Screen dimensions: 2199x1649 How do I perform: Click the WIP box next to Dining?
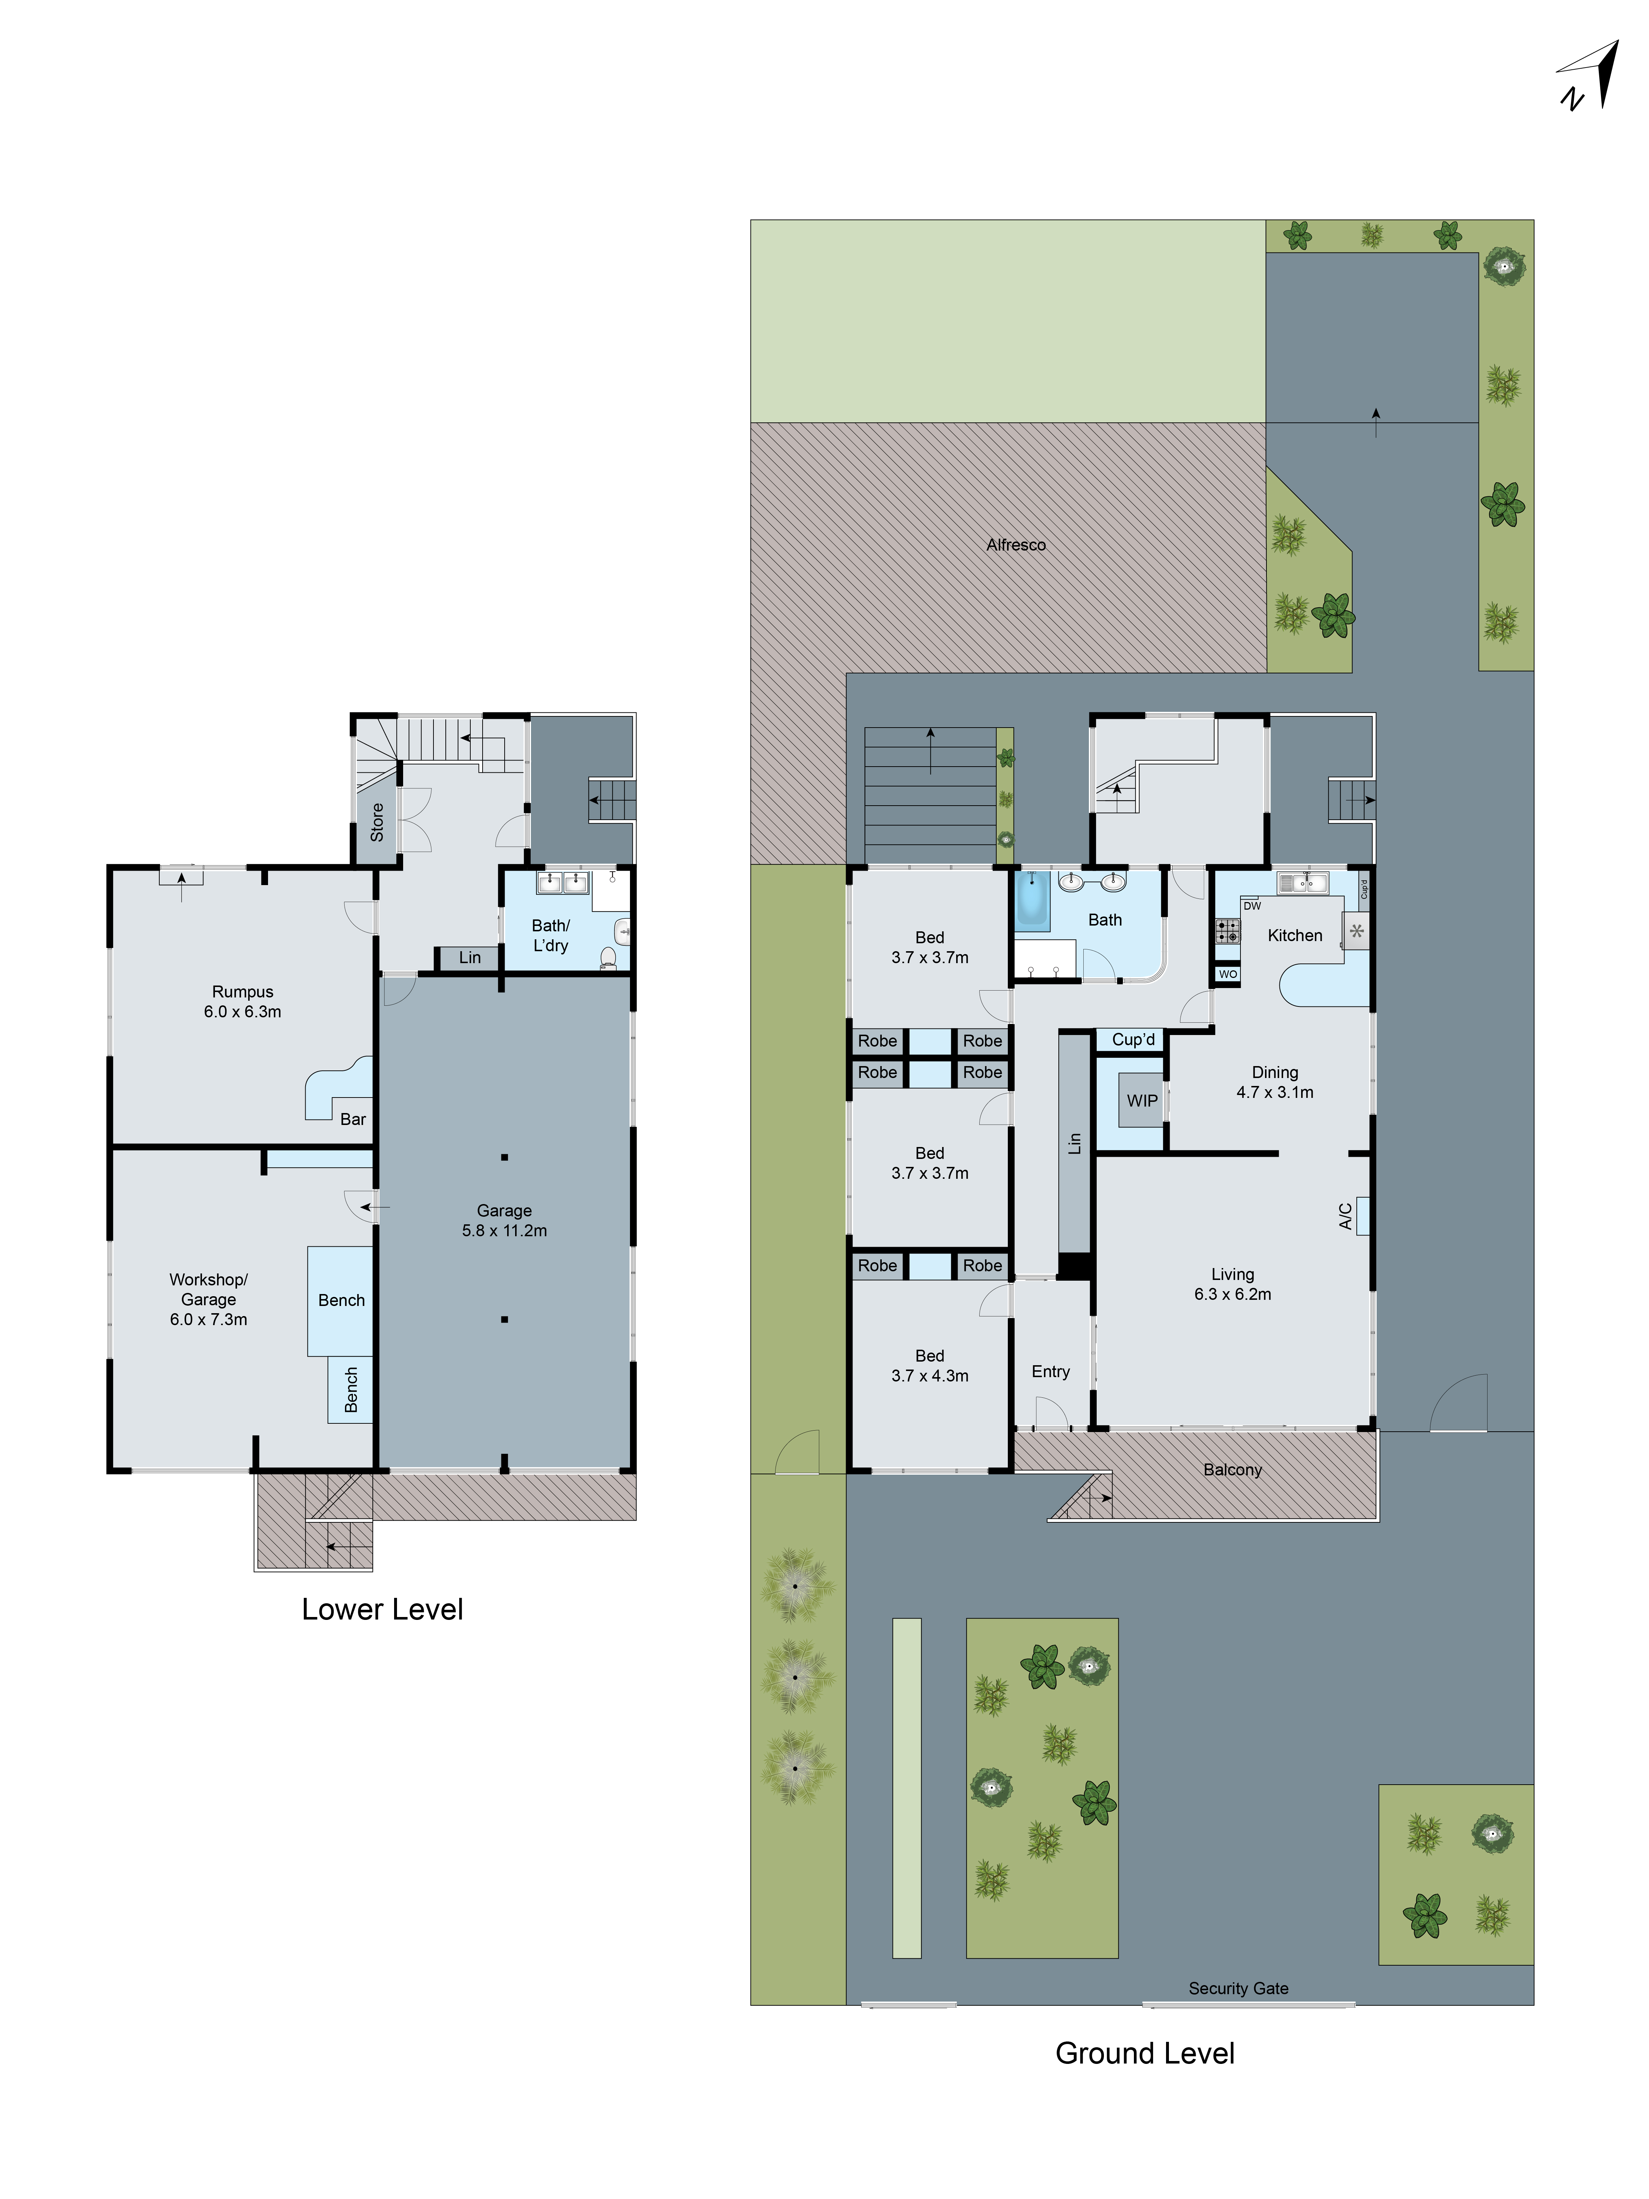(1141, 1100)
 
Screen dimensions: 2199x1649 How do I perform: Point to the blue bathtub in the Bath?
(1032, 900)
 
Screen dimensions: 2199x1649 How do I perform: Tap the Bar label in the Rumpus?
(353, 1118)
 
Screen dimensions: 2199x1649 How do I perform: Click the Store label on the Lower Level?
(377, 822)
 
